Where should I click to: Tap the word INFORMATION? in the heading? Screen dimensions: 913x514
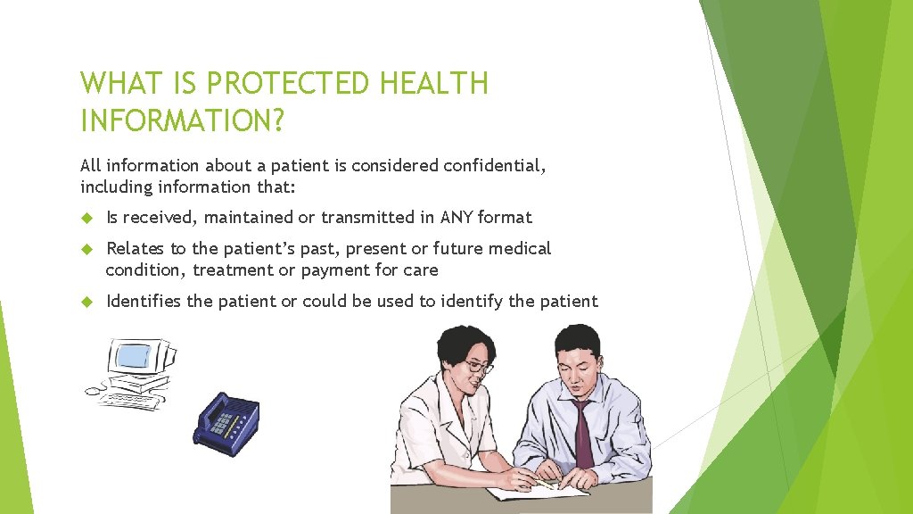point(182,120)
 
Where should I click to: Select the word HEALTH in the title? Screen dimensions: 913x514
point(433,84)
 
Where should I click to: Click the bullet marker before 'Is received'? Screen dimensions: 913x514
point(86,217)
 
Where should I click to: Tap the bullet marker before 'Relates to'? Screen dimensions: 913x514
point(86,249)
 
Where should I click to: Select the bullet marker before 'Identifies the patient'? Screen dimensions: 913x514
point(86,302)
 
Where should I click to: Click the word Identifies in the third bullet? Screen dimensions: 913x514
point(144,302)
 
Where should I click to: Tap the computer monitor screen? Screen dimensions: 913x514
point(134,357)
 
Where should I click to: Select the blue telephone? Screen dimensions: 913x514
point(226,418)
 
